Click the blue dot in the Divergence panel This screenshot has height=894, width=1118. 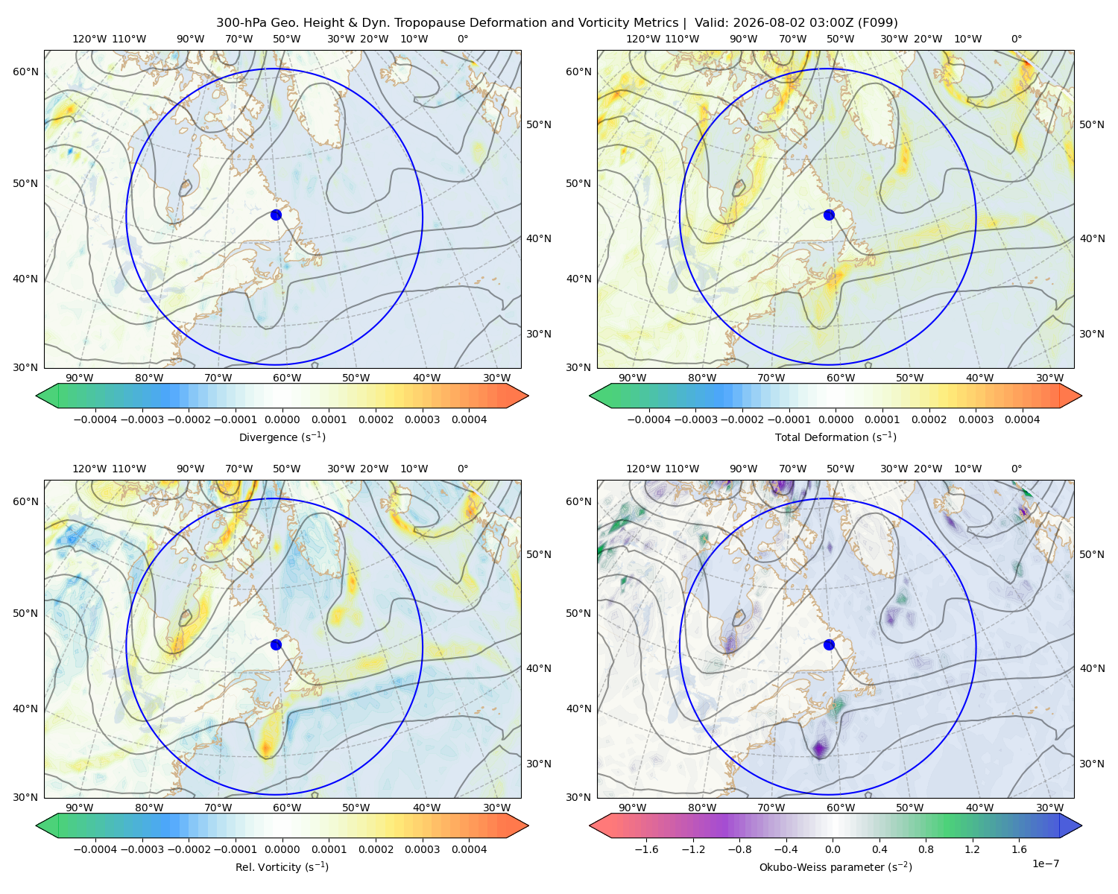[x=276, y=215]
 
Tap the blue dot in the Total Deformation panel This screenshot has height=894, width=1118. [x=829, y=215]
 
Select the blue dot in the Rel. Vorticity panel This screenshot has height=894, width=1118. [x=276, y=644]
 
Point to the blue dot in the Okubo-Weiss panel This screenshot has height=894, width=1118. [x=829, y=644]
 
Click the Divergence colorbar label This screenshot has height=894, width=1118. [x=282, y=437]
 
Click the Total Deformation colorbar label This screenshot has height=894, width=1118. [x=836, y=437]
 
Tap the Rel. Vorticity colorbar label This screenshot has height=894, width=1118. [x=282, y=866]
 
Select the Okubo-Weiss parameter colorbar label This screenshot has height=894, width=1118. [x=836, y=866]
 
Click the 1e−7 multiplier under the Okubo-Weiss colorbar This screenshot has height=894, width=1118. [x=1045, y=863]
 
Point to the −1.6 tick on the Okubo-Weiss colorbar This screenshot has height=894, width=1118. [x=646, y=849]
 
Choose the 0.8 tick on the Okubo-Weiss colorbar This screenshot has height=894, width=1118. [x=926, y=849]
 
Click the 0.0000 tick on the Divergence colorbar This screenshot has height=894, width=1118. [x=282, y=419]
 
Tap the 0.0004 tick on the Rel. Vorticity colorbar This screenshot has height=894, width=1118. [x=469, y=849]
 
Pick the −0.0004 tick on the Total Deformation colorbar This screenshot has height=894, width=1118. [x=649, y=419]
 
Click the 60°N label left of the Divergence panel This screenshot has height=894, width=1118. [x=26, y=72]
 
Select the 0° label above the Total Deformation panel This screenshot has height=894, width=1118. [x=1016, y=39]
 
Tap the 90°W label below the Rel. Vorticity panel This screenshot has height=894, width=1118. [x=80, y=808]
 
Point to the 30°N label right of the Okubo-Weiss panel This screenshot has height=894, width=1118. [x=1092, y=764]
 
